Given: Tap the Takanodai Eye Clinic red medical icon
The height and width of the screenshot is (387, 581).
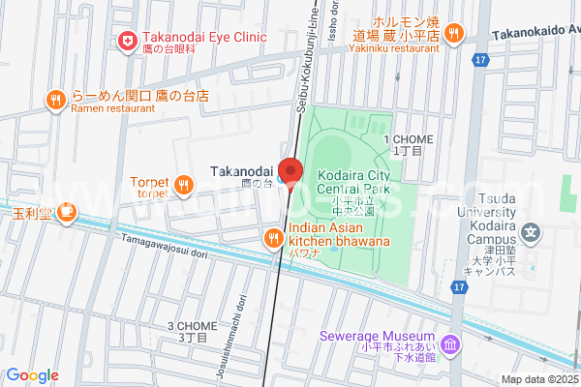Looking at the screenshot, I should (x=126, y=40).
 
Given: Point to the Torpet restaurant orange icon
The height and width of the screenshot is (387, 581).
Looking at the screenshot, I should (x=182, y=183).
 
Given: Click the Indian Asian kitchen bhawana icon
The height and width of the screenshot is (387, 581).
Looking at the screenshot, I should (x=274, y=235).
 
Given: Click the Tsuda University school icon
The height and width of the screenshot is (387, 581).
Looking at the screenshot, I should (x=530, y=232).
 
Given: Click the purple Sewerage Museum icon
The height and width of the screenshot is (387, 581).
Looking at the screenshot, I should (x=449, y=344).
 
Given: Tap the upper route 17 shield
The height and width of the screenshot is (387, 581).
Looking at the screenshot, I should (x=480, y=60).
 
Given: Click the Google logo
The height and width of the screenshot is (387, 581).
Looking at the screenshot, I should (x=32, y=375).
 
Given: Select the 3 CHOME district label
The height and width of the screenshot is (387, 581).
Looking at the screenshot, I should (x=188, y=331).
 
